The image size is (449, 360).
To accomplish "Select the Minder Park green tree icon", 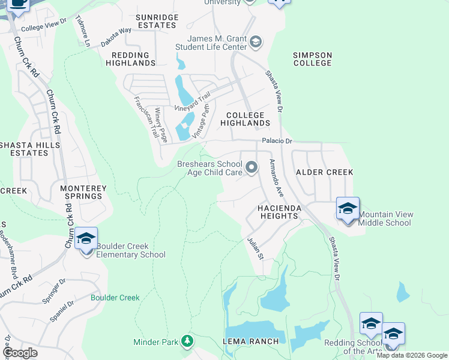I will click(x=187, y=341).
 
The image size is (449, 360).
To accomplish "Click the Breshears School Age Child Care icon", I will click(x=251, y=167).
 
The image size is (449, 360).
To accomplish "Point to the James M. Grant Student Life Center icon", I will click(x=256, y=42).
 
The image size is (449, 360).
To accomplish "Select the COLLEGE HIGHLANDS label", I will click(x=245, y=119).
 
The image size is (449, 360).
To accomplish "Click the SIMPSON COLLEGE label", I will click(x=312, y=59).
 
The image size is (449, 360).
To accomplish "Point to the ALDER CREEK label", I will click(x=324, y=172).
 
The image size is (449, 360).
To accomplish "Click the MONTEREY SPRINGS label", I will click(x=83, y=192).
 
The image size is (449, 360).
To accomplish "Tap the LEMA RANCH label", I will click(x=252, y=341).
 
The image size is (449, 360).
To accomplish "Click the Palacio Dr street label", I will click(x=276, y=141).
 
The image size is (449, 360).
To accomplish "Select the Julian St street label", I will click(x=256, y=248).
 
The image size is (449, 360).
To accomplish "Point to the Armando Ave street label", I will click(x=276, y=178).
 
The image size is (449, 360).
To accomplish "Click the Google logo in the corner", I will click(x=20, y=353).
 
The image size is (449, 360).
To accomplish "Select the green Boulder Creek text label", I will click(x=115, y=298).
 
